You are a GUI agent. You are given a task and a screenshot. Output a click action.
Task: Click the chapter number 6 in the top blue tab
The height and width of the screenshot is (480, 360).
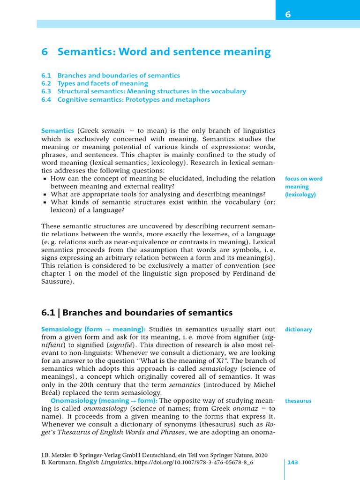[x=288, y=15]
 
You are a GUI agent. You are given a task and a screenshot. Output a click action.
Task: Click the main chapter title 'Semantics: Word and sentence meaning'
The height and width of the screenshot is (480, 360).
[x=164, y=52]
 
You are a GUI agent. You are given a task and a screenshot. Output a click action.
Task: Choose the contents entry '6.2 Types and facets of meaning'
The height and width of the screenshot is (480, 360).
[x=95, y=83]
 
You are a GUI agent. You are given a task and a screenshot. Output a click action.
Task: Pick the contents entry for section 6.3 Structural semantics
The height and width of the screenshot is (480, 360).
[x=143, y=91]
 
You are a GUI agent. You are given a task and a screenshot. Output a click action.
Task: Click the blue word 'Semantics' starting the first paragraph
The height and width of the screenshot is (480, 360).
[x=58, y=130]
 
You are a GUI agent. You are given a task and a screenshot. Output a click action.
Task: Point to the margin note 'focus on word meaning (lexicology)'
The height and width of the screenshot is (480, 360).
[x=303, y=187]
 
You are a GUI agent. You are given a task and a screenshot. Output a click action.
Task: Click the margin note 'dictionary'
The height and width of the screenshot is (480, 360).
[x=298, y=330]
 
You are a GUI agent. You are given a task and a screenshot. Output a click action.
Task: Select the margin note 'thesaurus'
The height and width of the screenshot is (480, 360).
[x=298, y=401]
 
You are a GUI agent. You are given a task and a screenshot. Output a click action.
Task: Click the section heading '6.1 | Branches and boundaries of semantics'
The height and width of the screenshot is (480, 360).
[x=137, y=312]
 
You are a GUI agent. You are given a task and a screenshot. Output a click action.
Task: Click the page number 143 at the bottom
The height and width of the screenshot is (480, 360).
[x=292, y=463]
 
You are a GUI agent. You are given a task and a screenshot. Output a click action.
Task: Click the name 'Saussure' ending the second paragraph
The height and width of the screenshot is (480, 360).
[x=57, y=282]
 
